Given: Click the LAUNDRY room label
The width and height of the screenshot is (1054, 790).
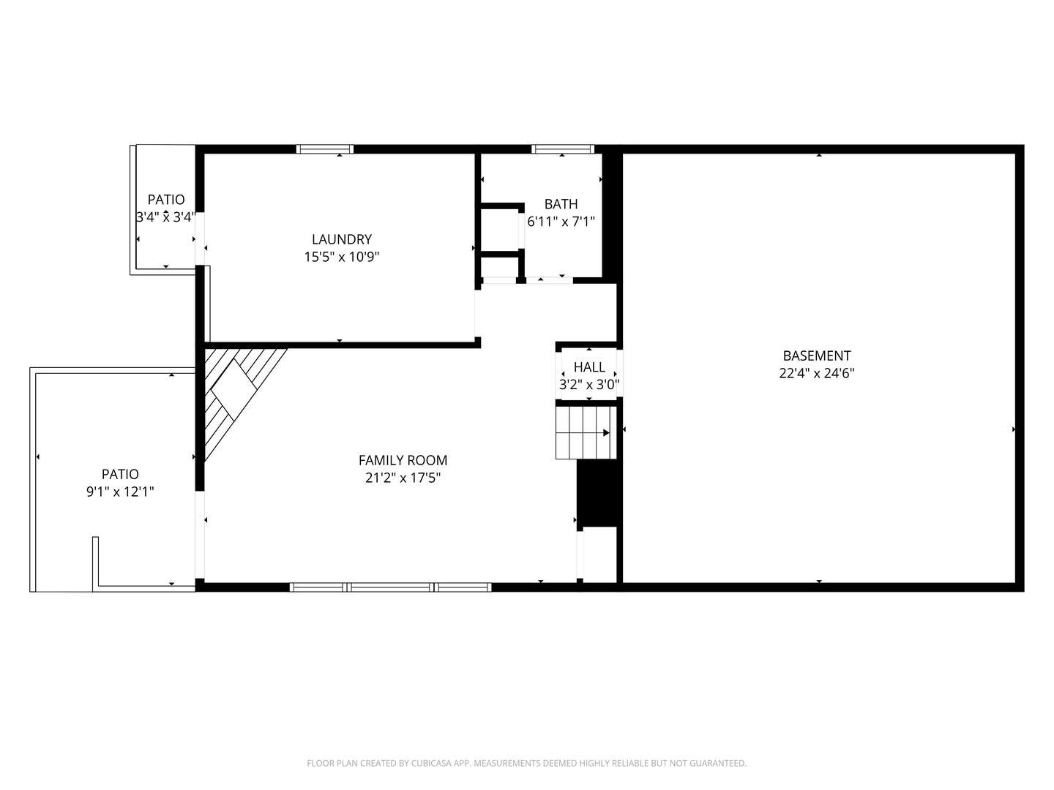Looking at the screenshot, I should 341,239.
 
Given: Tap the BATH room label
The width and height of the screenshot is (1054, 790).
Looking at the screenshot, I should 561,204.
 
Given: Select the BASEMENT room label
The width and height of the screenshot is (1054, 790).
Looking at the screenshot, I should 816,355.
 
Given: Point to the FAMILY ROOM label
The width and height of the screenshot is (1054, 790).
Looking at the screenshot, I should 403,460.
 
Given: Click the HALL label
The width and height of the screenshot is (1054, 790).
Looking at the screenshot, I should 589,367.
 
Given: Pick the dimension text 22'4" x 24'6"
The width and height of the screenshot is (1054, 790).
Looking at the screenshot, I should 816,373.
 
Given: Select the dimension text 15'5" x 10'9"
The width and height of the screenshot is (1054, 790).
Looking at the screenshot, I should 341,257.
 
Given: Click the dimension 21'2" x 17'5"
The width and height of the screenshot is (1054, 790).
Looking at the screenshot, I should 403,478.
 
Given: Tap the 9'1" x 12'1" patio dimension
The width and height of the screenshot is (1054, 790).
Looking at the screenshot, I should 120,492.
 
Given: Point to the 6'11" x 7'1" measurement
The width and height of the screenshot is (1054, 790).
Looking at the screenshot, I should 561,222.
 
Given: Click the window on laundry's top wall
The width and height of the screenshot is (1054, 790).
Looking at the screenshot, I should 325,149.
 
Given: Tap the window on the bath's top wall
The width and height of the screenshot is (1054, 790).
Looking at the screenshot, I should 562,149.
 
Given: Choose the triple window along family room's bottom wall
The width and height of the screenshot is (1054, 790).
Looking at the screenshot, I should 391,587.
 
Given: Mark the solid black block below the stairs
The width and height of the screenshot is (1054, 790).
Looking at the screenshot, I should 598,492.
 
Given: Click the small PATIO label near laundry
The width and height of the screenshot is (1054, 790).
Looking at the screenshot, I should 166,200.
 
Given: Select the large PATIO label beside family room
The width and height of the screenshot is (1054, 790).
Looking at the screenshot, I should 120,474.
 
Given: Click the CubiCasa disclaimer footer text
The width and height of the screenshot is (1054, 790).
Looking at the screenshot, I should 526,763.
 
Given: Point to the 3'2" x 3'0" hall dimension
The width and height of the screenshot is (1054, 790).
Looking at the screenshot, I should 589,384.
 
